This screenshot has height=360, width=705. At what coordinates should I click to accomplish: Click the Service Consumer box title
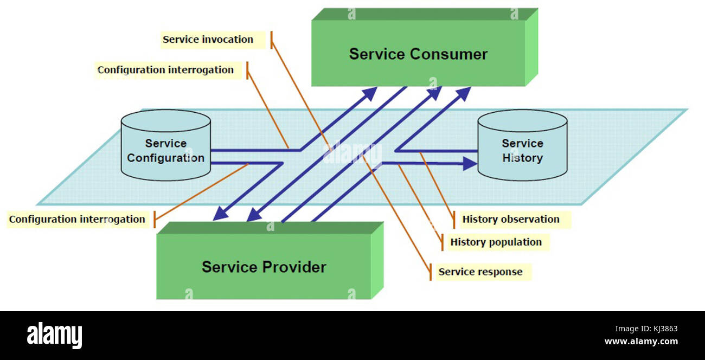coord(418,54)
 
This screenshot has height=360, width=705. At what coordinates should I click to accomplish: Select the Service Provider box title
coord(264,267)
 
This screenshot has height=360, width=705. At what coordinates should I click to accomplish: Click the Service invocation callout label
coord(208,40)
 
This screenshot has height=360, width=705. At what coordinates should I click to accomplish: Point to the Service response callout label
coord(480,272)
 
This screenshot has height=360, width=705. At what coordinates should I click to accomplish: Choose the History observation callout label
coord(510,220)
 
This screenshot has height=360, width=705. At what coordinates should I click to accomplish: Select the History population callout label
coord(496,242)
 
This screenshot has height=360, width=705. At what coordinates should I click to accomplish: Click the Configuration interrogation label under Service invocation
coord(166,70)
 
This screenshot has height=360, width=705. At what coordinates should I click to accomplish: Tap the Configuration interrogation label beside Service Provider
coord(77,220)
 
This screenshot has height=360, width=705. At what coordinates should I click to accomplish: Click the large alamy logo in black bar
coord(54,335)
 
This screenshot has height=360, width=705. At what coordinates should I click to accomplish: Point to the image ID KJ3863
coord(659,329)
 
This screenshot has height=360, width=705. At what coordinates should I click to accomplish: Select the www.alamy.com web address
coord(641,342)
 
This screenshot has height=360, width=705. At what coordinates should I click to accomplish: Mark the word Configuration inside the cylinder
coord(165,158)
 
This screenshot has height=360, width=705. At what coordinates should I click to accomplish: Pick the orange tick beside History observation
coord(454,220)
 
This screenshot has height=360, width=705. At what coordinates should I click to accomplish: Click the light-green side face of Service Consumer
coord(531,49)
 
